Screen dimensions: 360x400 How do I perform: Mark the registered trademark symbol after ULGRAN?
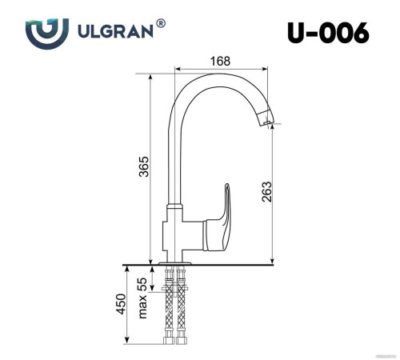click(162, 24)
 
